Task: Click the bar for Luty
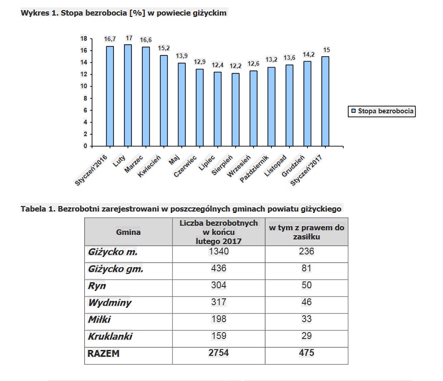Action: (128, 95)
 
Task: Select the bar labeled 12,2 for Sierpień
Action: (236, 110)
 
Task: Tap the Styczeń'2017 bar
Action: (325, 101)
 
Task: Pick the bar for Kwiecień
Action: (164, 101)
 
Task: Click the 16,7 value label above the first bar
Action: (110, 39)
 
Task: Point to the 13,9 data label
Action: (182, 56)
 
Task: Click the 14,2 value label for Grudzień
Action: (308, 54)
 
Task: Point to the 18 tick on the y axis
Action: (84, 38)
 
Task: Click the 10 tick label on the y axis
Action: (84, 86)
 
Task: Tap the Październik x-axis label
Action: (254, 169)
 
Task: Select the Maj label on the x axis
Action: (174, 160)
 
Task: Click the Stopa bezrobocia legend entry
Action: (382, 111)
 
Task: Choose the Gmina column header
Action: (128, 232)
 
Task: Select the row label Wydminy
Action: (110, 302)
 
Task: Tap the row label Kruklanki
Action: (110, 336)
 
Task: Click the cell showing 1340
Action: (219, 251)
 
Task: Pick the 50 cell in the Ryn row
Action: (307, 285)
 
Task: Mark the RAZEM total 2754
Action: (219, 353)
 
